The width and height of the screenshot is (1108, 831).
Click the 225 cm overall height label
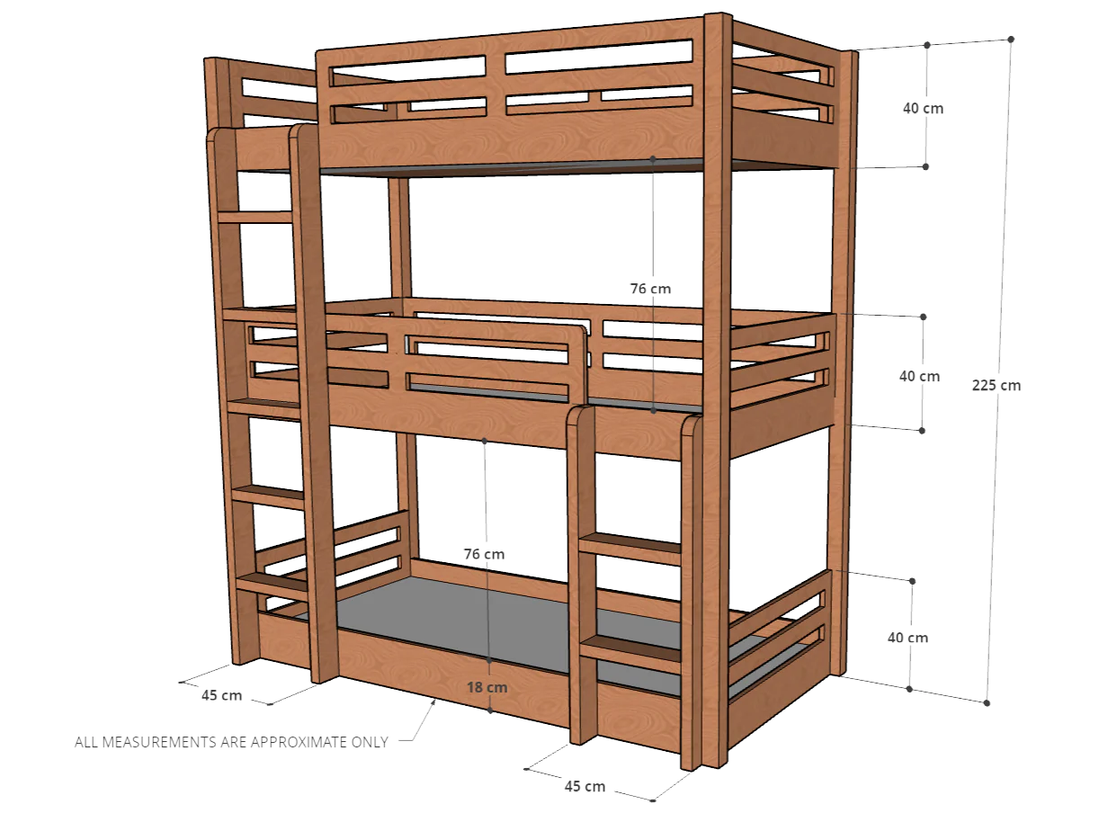[996, 386]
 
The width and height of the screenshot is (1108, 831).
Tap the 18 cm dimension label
[487, 687]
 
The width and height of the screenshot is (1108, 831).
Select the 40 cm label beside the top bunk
[924, 109]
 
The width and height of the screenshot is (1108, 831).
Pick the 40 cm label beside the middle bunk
[919, 377]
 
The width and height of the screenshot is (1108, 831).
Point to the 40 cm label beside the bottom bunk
[907, 638]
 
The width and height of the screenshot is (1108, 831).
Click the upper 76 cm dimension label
[650, 289]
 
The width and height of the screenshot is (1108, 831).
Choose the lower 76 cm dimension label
[484, 554]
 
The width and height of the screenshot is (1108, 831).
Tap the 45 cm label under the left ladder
[221, 695]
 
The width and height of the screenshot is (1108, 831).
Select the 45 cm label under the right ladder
[585, 786]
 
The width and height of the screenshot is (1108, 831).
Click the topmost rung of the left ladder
[255, 217]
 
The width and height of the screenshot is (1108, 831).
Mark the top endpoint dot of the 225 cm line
[1011, 39]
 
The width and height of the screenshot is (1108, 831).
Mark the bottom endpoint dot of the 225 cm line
[987, 703]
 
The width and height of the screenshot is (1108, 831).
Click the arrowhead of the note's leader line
[433, 701]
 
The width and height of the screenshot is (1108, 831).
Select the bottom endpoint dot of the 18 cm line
[490, 710]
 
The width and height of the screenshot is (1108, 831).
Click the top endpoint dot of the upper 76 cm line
[653, 159]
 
